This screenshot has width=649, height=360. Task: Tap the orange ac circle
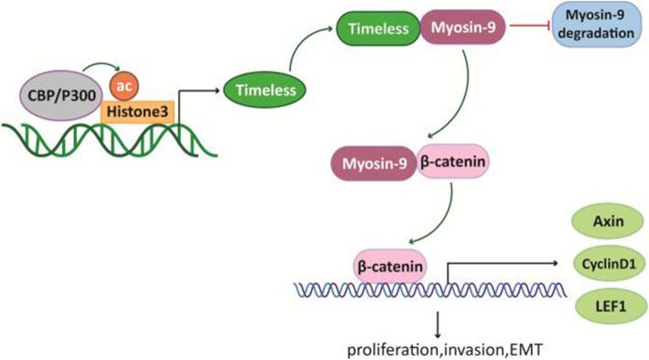[x=124, y=86]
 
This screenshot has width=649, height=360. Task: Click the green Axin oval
[x=600, y=220]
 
